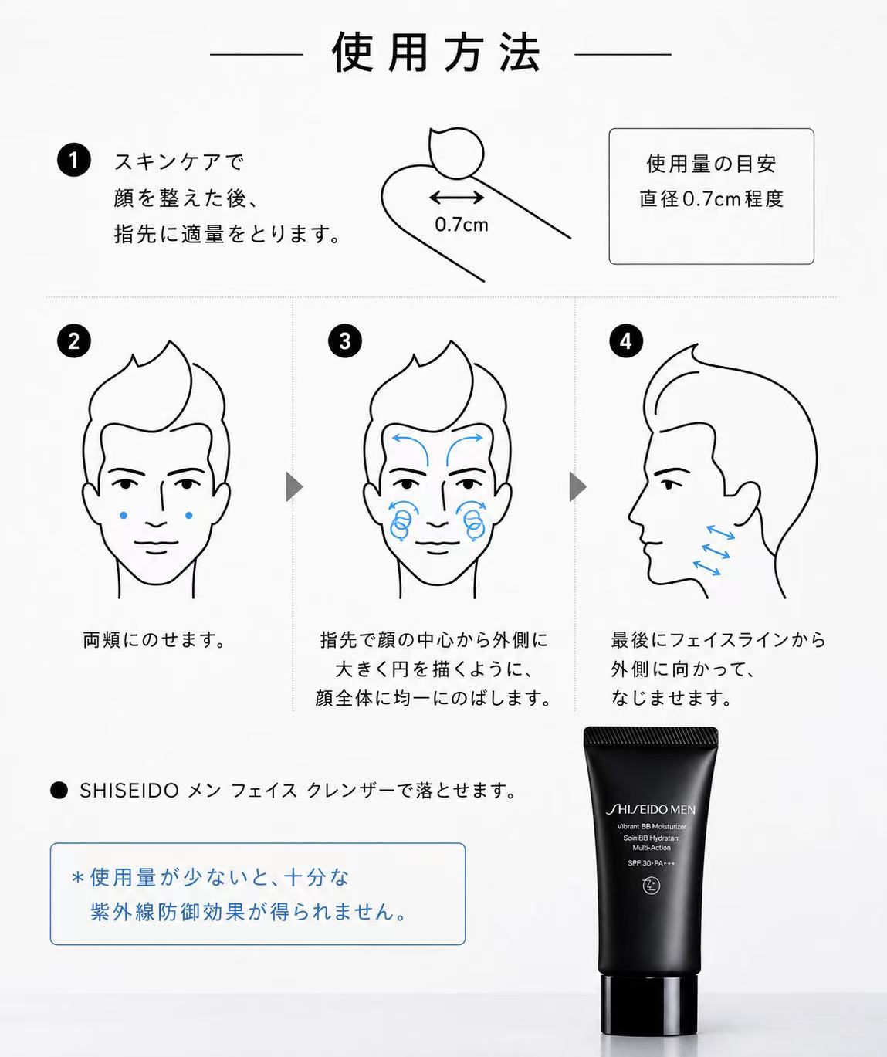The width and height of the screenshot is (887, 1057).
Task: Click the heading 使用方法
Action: (x=436, y=53)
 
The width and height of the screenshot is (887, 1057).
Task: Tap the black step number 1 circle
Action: (x=74, y=161)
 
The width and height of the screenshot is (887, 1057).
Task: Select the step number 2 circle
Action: (x=74, y=341)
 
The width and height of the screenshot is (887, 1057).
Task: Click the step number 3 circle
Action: (x=345, y=341)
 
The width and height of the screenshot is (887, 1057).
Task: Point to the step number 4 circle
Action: (x=626, y=341)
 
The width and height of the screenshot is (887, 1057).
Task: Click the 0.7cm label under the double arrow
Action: (x=461, y=225)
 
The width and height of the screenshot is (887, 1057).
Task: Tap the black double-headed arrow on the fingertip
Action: (x=456, y=197)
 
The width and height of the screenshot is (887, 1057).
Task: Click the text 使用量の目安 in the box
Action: (x=711, y=164)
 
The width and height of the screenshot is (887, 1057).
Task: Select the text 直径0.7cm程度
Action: (x=711, y=199)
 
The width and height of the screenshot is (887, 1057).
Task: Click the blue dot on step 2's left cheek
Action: (x=124, y=515)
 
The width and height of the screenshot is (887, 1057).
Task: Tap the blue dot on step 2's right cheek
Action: (x=189, y=515)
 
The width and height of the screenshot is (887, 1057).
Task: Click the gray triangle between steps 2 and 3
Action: (x=294, y=487)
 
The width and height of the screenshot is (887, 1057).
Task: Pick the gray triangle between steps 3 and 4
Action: (x=577, y=487)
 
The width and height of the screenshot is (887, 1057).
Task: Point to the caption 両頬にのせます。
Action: (x=154, y=640)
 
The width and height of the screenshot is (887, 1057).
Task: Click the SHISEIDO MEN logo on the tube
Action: (x=651, y=809)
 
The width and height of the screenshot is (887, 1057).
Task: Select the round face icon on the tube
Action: (x=651, y=886)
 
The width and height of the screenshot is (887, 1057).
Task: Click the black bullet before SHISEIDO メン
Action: (x=59, y=791)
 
